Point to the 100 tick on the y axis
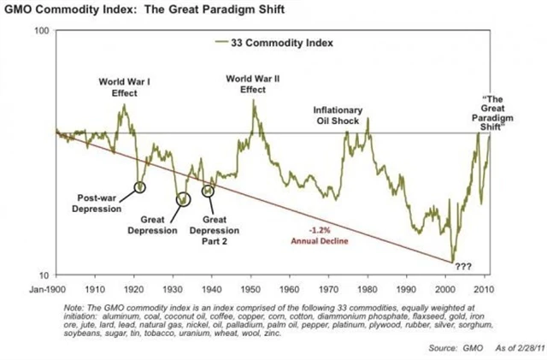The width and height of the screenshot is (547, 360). pyautogui.click(x=40, y=31)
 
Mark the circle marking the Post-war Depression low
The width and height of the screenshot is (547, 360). pyautogui.click(x=140, y=186)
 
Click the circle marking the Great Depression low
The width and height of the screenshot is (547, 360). pyautogui.click(x=182, y=199)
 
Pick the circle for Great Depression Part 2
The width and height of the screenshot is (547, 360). pyautogui.click(x=208, y=190)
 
